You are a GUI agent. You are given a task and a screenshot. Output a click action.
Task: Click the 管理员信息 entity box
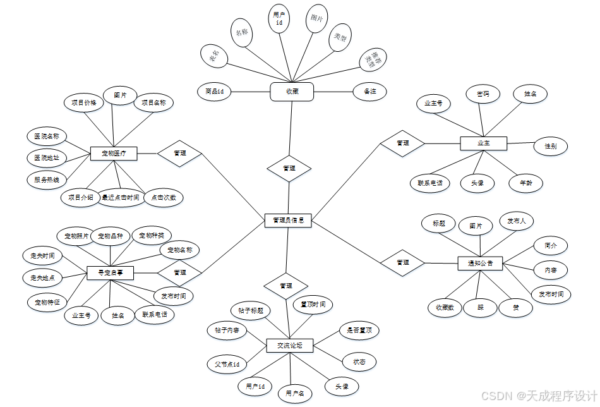tap(288, 221)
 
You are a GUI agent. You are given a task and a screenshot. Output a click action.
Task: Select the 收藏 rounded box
tap(292, 92)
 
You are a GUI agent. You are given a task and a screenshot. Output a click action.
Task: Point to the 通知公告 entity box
tap(480, 262)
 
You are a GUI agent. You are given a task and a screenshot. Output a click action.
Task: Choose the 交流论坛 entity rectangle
tap(290, 346)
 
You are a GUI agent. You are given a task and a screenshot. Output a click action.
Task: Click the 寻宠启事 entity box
tap(111, 272)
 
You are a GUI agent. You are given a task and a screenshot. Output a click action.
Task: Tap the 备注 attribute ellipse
tap(369, 92)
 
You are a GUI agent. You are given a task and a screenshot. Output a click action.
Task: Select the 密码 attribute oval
tap(483, 94)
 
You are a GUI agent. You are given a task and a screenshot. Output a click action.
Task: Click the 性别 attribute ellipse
tap(551, 146)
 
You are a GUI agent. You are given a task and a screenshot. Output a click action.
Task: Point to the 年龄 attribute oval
tap(525, 183)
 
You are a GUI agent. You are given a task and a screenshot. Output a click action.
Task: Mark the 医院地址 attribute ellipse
tap(46, 157)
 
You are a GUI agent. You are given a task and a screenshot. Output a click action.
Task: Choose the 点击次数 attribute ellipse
tap(163, 198)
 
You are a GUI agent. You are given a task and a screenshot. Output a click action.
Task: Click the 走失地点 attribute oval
tap(42, 277)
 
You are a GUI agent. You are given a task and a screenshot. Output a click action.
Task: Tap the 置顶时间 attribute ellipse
tap(313, 305)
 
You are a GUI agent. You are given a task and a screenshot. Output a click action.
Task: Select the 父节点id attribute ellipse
tap(227, 364)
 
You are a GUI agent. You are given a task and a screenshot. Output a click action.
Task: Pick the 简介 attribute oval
tap(551, 245)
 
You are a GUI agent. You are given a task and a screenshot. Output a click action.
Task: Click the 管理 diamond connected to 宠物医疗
tap(179, 153)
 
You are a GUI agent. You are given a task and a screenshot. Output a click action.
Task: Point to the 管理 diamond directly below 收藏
tap(289, 169)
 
